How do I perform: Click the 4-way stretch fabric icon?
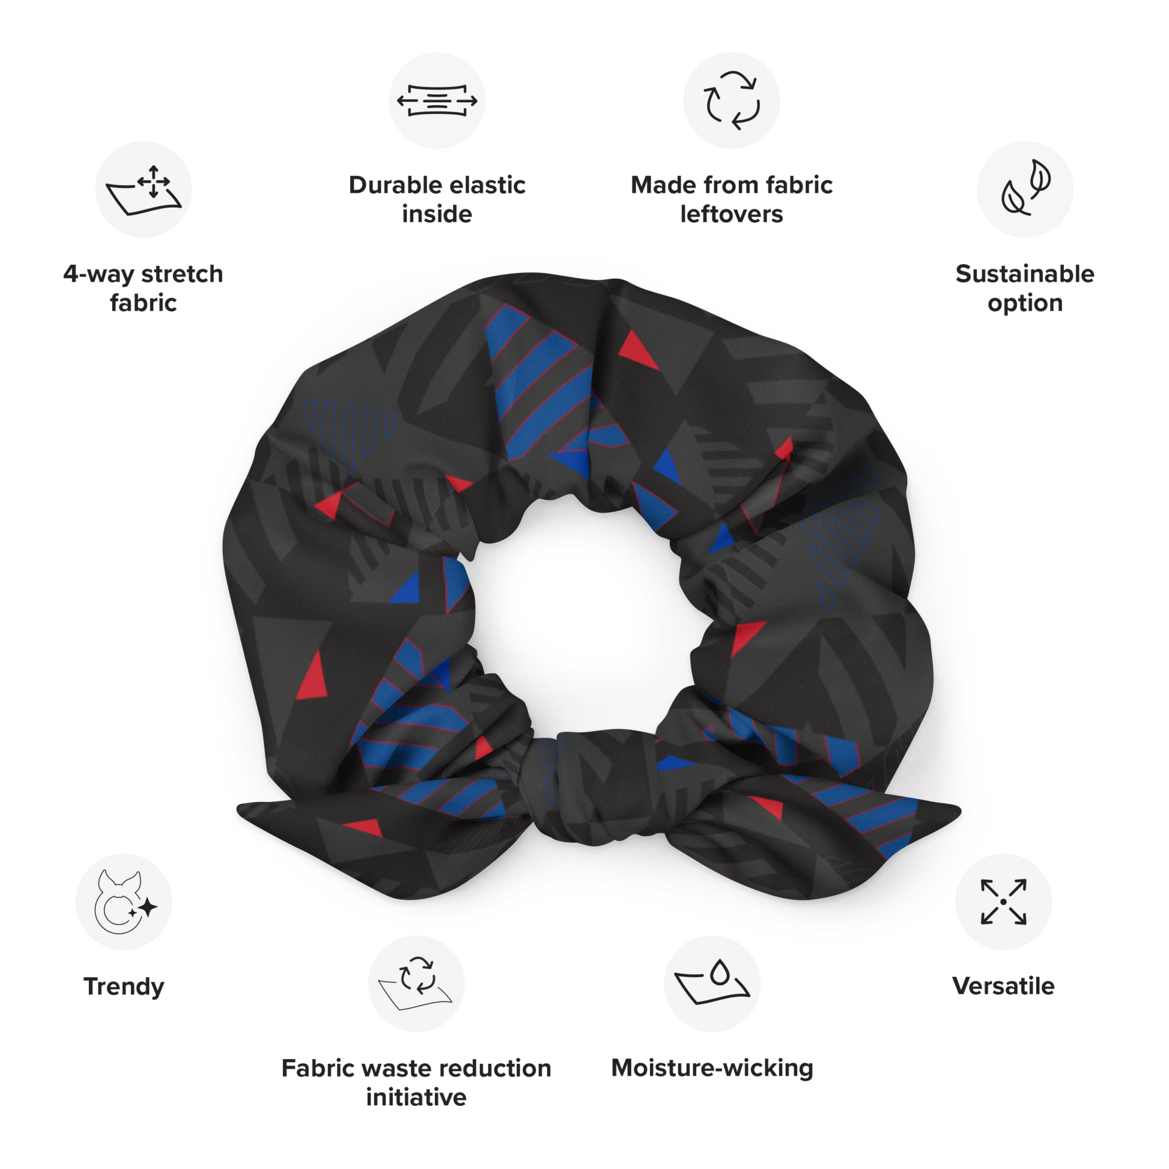(144, 189)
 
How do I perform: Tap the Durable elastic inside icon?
(437, 101)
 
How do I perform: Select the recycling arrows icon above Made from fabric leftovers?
(732, 100)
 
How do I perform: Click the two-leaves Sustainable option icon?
(1025, 189)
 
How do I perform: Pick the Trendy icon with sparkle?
(124, 902)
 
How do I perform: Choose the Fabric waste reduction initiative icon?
(417, 983)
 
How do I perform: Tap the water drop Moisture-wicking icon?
(712, 983)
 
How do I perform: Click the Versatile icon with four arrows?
(1003, 902)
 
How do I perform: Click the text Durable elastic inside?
(437, 199)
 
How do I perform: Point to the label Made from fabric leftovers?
(732, 199)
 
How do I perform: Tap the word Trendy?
(124, 987)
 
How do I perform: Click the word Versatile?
(1003, 987)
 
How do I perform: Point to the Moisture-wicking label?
(712, 1068)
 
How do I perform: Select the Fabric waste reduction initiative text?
(417, 1082)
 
